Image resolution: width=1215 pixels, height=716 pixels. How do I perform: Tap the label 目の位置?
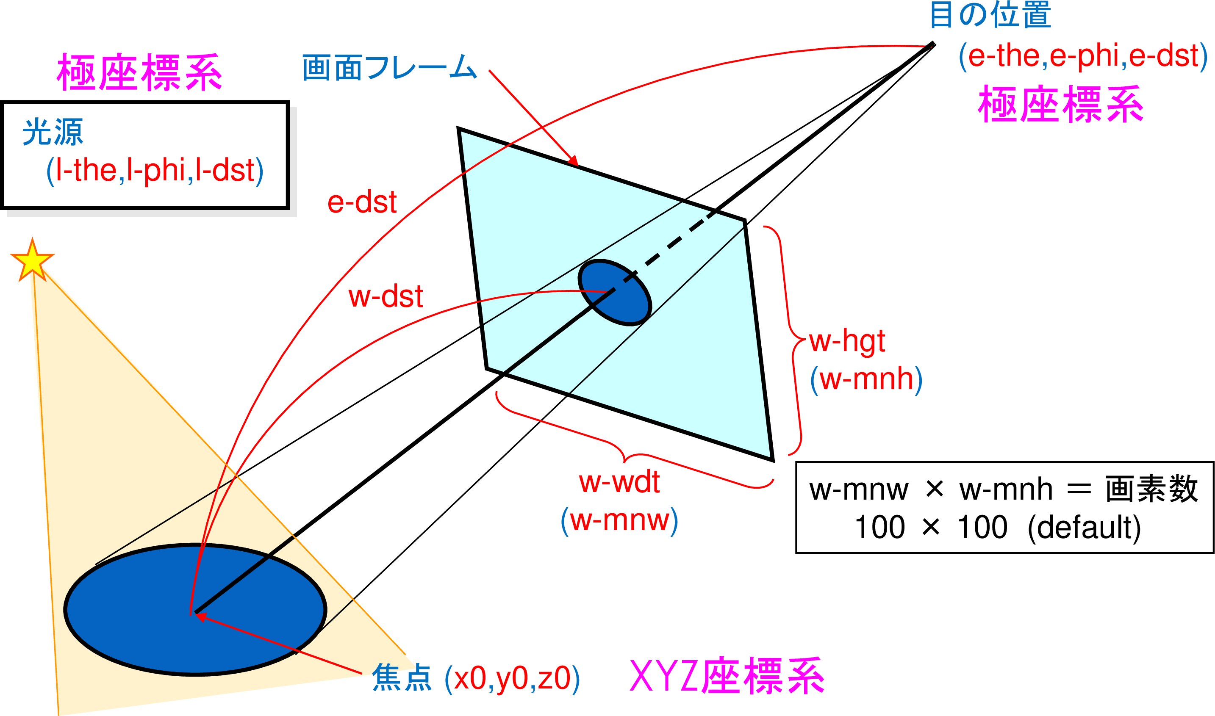tap(990, 15)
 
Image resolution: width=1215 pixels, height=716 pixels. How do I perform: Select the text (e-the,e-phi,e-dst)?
tap(1083, 56)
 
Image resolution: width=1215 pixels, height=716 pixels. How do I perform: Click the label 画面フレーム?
tap(389, 68)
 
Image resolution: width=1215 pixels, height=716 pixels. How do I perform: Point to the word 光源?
tap(53, 132)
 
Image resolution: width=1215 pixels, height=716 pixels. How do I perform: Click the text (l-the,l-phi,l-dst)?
tap(155, 170)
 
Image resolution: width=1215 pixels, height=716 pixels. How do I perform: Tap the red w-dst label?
tap(385, 296)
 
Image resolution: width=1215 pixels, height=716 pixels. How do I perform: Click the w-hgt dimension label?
tap(847, 342)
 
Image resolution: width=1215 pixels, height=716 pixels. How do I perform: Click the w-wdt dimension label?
tap(619, 482)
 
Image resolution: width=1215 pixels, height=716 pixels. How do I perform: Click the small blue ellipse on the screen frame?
tap(615, 293)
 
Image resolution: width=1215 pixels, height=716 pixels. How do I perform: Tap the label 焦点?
tap(401, 678)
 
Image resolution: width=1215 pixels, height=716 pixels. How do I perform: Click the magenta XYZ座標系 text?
tap(727, 677)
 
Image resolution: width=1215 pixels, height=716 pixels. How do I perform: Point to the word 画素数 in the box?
tap(1152, 489)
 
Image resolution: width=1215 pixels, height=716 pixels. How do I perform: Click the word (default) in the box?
tap(1084, 527)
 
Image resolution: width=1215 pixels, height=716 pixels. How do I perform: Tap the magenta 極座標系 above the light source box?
tap(139, 73)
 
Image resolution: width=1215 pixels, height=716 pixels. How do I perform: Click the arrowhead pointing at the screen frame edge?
tap(574, 160)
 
